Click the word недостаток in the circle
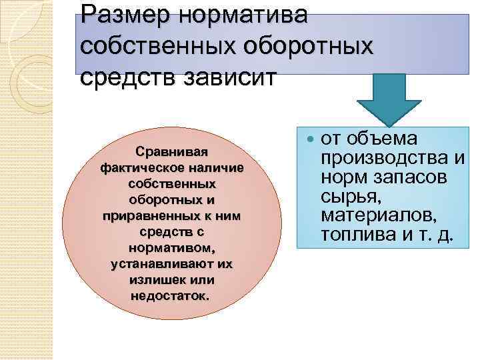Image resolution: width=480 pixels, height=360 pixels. pyautogui.click(x=171, y=295)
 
